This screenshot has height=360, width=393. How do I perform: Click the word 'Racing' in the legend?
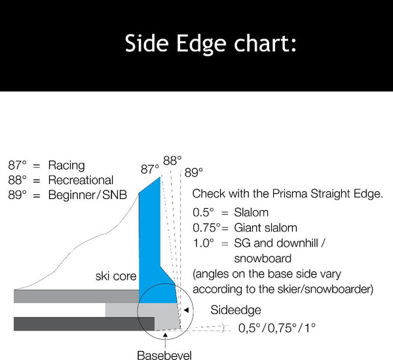[66, 165]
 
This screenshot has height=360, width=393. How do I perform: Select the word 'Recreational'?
[81, 179]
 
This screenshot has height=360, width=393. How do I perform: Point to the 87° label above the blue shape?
[151, 170]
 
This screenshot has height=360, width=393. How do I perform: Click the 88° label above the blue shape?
[173, 160]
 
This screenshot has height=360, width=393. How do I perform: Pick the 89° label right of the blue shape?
[193, 173]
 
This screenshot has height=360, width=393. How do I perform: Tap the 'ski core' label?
[116, 276]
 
